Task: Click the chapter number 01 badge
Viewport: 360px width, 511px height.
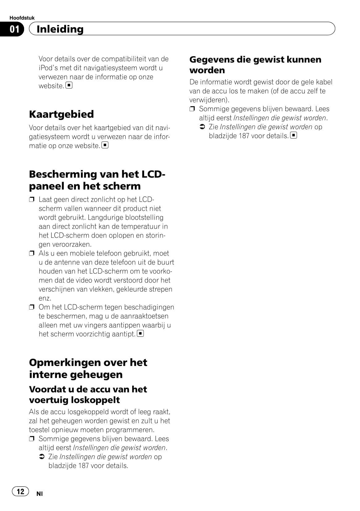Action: coord(14,29)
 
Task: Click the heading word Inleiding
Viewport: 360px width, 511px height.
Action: coord(60,29)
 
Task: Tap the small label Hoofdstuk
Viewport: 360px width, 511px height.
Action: coord(22,18)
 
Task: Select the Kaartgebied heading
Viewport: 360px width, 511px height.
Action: coord(61,114)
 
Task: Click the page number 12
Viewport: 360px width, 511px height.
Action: coord(20,492)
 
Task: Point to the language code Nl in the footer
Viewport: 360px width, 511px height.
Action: coord(40,494)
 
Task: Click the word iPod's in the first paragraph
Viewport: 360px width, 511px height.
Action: coord(49,68)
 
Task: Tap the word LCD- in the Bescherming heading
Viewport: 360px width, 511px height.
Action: coord(153,174)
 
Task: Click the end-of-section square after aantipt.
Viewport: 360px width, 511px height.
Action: coord(140,334)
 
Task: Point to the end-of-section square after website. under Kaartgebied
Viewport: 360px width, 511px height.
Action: coord(105,145)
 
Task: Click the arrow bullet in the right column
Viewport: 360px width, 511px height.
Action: coord(203,127)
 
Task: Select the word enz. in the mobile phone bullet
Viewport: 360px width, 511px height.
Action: coord(45,298)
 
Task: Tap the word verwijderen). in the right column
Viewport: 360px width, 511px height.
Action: coord(209,100)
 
